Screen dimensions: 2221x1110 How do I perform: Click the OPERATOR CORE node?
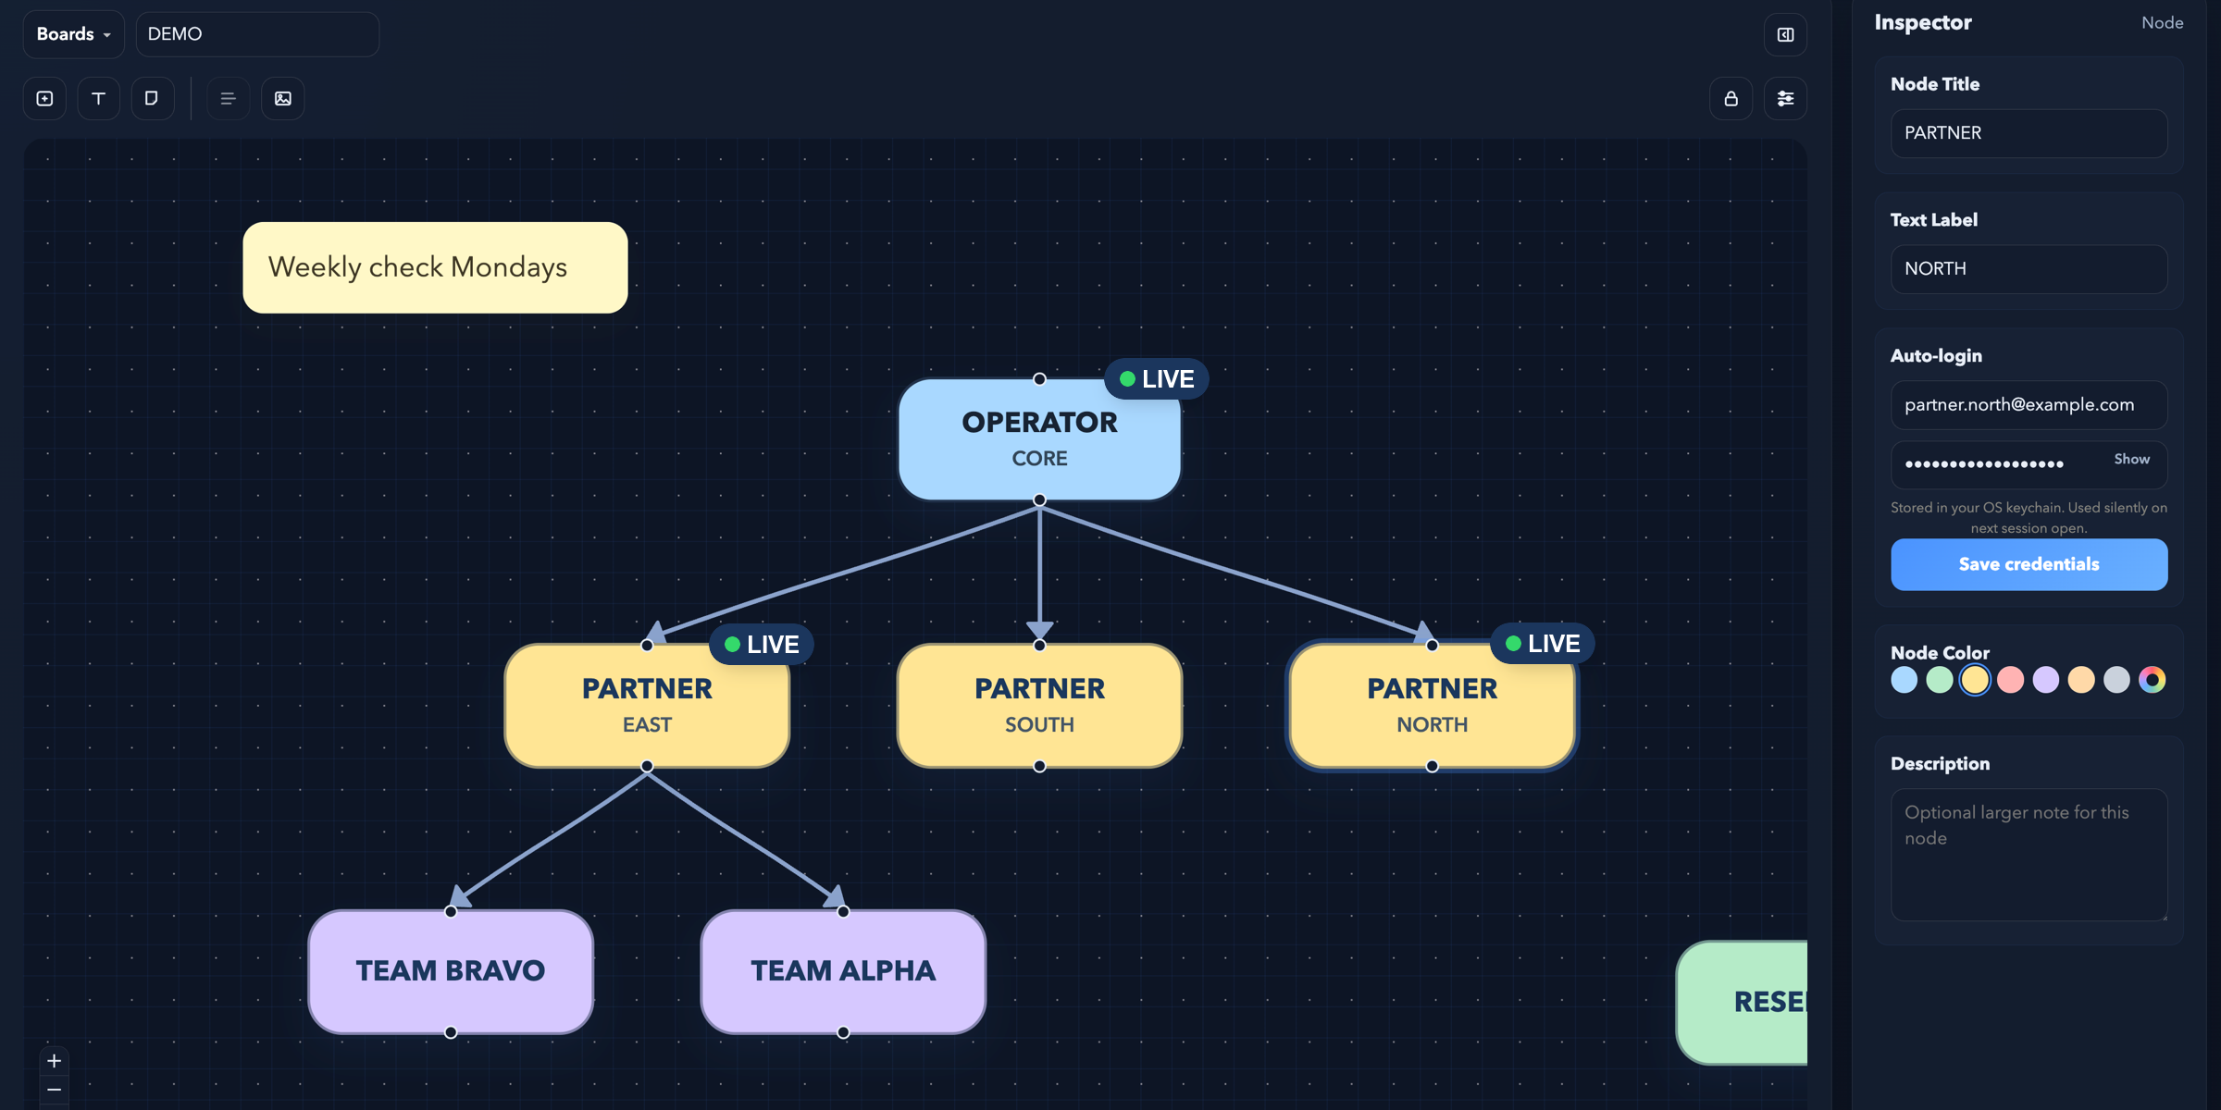click(x=1039, y=439)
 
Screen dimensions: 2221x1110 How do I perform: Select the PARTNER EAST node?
click(x=647, y=706)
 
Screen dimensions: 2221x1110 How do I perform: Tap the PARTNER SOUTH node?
click(x=1039, y=706)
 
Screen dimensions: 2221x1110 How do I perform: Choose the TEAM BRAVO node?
click(x=451, y=971)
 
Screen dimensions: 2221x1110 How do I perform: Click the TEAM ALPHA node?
click(x=843, y=971)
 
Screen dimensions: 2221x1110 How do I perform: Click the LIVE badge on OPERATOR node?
click(x=1157, y=379)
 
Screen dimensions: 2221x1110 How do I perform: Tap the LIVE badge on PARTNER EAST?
click(x=762, y=645)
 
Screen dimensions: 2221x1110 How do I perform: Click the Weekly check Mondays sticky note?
click(x=435, y=267)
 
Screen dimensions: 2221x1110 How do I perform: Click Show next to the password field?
click(x=2131, y=460)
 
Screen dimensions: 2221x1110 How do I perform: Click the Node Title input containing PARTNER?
click(x=2029, y=133)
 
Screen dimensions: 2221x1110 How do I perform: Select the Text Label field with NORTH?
click(x=2029, y=269)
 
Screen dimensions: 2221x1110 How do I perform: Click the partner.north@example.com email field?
click(x=2029, y=405)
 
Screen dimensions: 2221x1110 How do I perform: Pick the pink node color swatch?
click(x=2010, y=680)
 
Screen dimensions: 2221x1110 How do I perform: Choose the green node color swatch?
click(x=1940, y=680)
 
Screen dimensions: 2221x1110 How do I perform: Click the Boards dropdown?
click(x=73, y=34)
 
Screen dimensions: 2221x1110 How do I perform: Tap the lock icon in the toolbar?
click(x=1731, y=99)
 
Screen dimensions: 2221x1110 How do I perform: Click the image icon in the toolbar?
click(x=283, y=99)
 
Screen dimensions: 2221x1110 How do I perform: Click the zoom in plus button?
click(x=54, y=1061)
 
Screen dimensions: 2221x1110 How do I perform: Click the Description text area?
click(x=2029, y=855)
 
